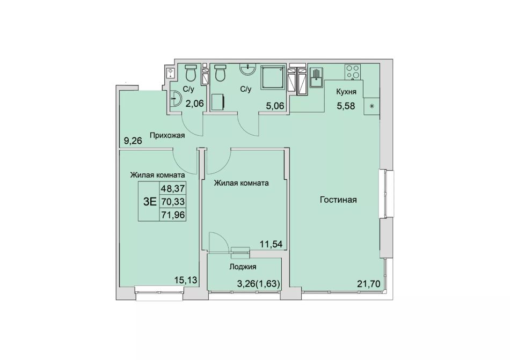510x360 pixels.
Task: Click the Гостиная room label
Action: pyautogui.click(x=338, y=200)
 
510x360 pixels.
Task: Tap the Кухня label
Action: pyautogui.click(x=346, y=92)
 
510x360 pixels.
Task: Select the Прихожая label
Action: pyautogui.click(x=167, y=135)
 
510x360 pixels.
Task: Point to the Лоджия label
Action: pyautogui.click(x=243, y=267)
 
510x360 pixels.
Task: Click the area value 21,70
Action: pyautogui.click(x=368, y=284)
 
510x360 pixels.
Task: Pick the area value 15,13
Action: pyautogui.click(x=186, y=280)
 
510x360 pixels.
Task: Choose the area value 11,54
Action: pyautogui.click(x=271, y=244)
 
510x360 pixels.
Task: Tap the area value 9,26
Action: pyautogui.click(x=133, y=141)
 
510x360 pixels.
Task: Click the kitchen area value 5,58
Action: pyautogui.click(x=346, y=106)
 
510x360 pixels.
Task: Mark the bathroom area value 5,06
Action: pyautogui.click(x=275, y=105)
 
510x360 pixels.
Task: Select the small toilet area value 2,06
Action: pyautogui.click(x=194, y=104)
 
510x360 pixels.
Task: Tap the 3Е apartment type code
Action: pyautogui.click(x=150, y=201)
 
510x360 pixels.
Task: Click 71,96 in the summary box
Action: pyautogui.click(x=173, y=215)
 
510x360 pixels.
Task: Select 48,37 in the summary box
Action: pyautogui.click(x=173, y=188)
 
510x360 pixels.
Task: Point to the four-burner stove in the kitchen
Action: pyautogui.click(x=353, y=72)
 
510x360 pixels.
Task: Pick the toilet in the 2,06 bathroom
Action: pyautogui.click(x=190, y=73)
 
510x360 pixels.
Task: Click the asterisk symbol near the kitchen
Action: pyautogui.click(x=372, y=106)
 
